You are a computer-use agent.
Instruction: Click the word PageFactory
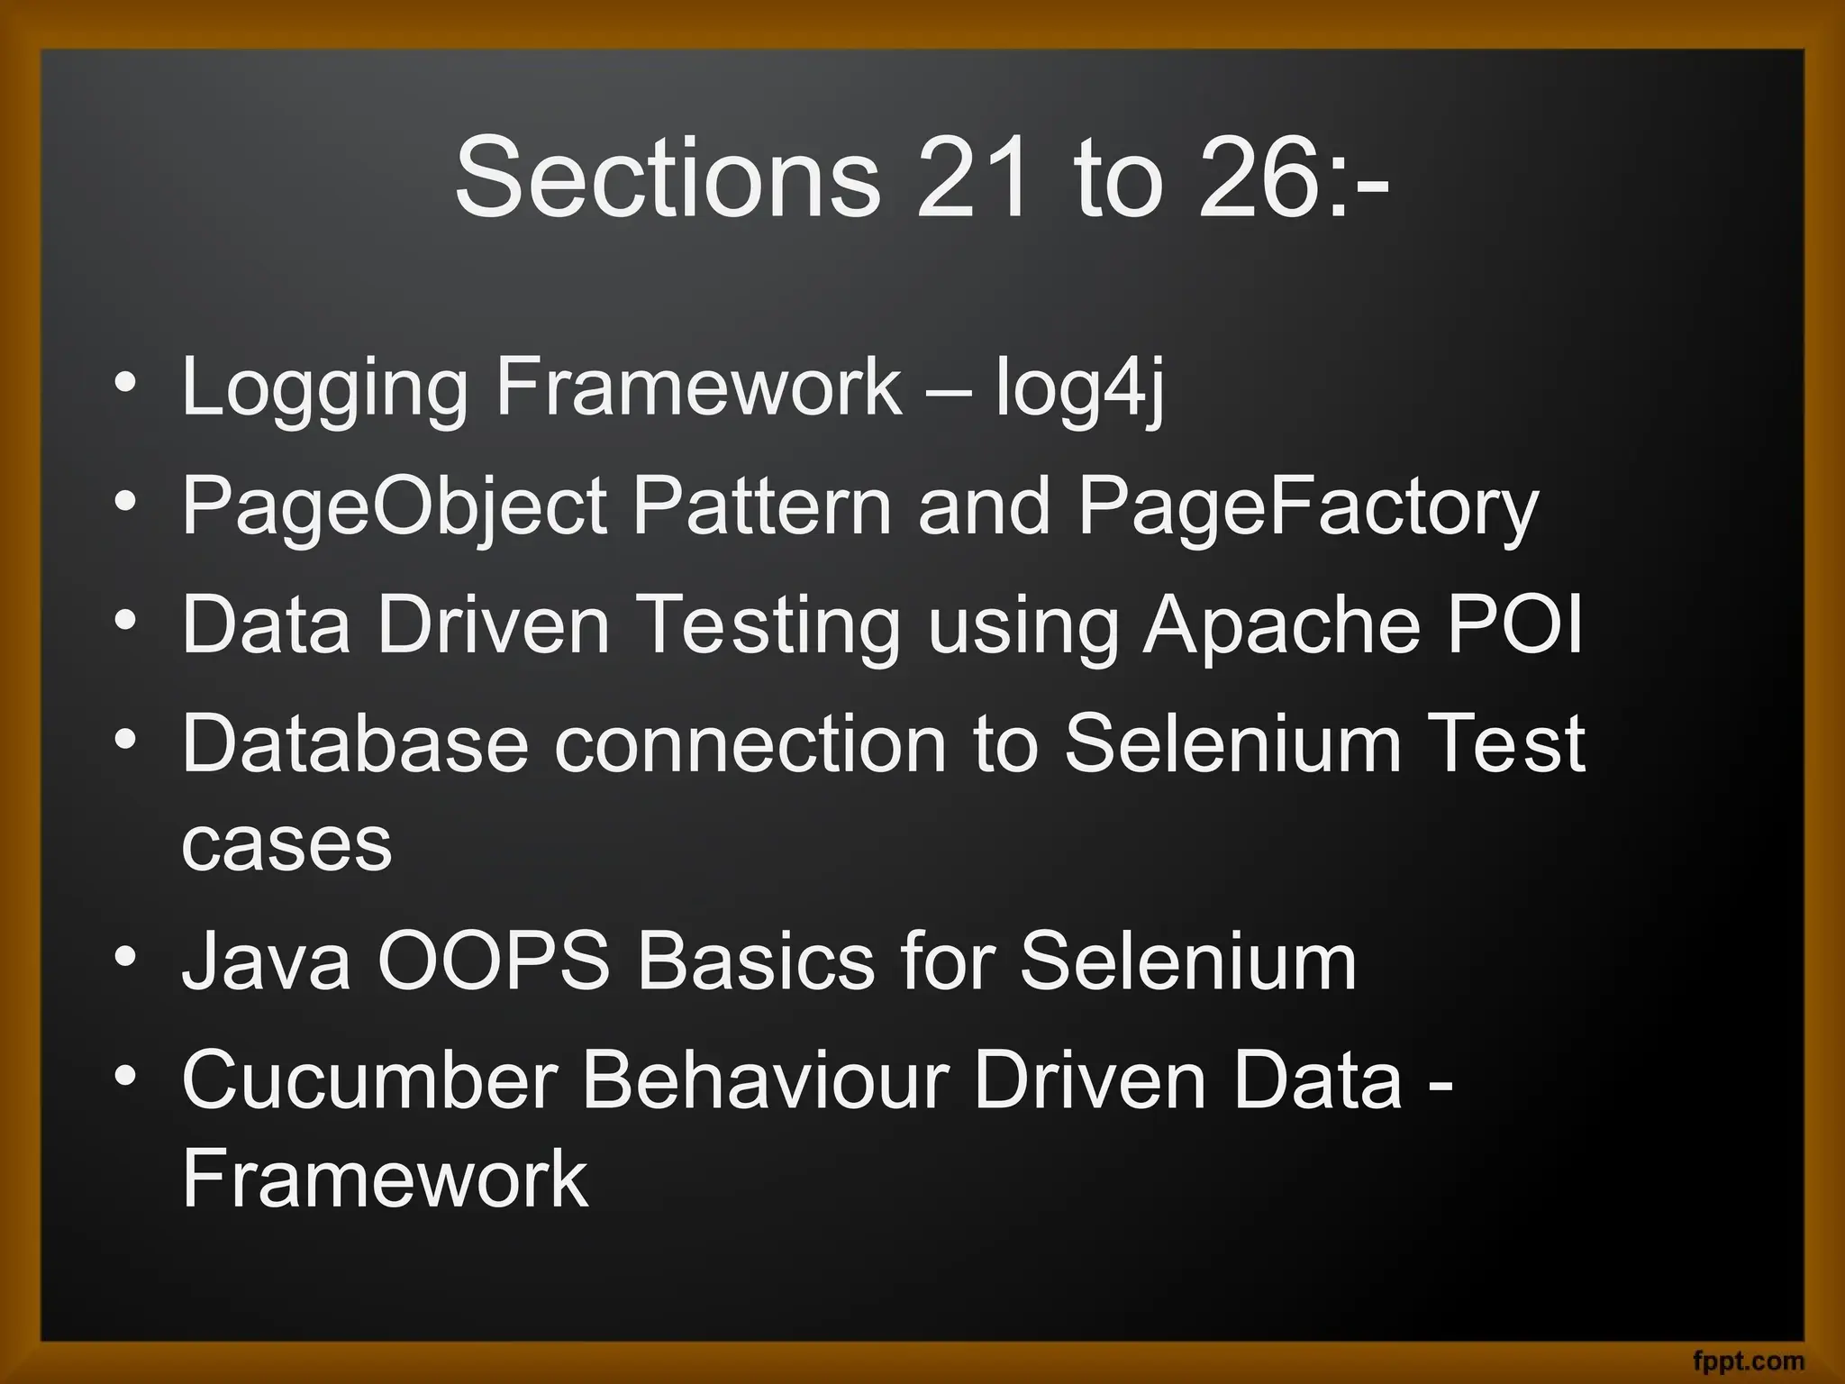click(1308, 507)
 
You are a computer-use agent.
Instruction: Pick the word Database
click(355, 743)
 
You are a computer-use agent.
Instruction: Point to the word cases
click(286, 844)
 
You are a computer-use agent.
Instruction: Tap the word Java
click(266, 961)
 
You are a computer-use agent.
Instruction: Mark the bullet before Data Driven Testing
click(126, 620)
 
